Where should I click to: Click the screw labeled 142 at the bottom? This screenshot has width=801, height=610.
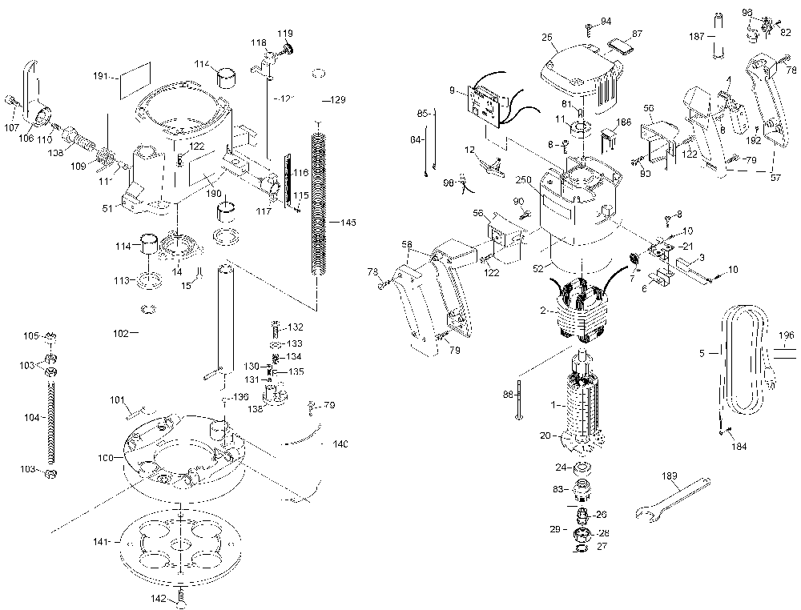coord(182,596)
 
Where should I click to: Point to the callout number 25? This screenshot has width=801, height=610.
coord(547,38)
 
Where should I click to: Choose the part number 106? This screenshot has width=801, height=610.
coord(26,138)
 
